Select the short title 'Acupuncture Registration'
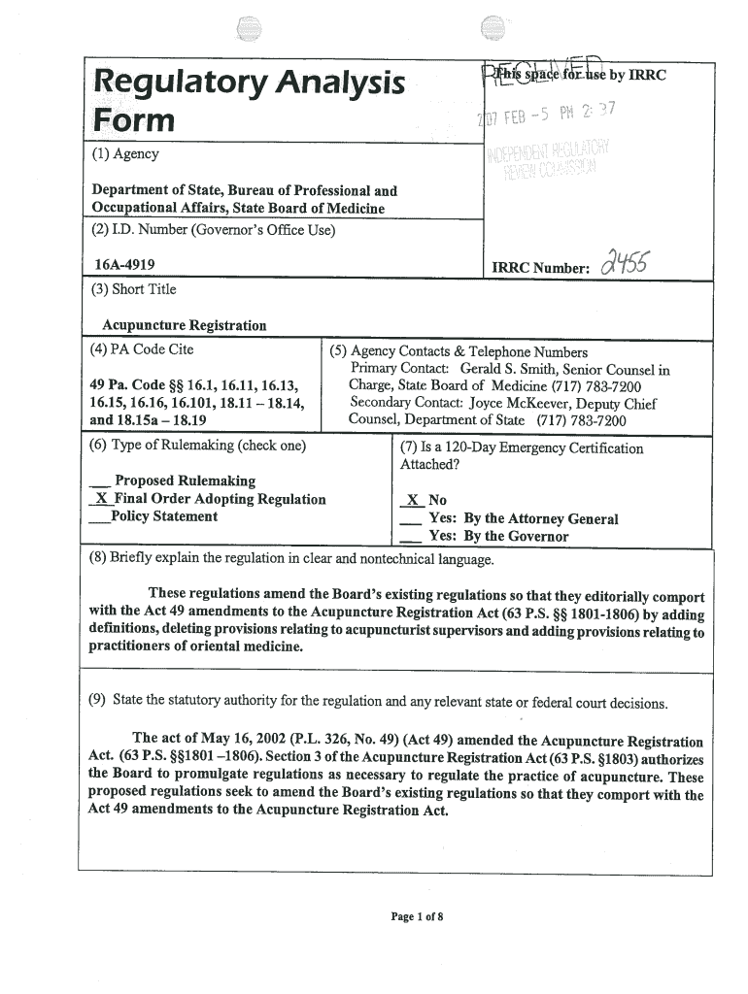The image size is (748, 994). (185, 325)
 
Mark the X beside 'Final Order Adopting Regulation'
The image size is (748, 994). (98, 499)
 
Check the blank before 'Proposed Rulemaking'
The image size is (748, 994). (98, 481)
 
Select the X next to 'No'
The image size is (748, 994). (412, 501)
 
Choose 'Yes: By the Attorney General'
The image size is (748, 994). (523, 519)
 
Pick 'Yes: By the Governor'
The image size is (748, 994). (498, 537)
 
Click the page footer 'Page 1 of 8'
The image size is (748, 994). (417, 916)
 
